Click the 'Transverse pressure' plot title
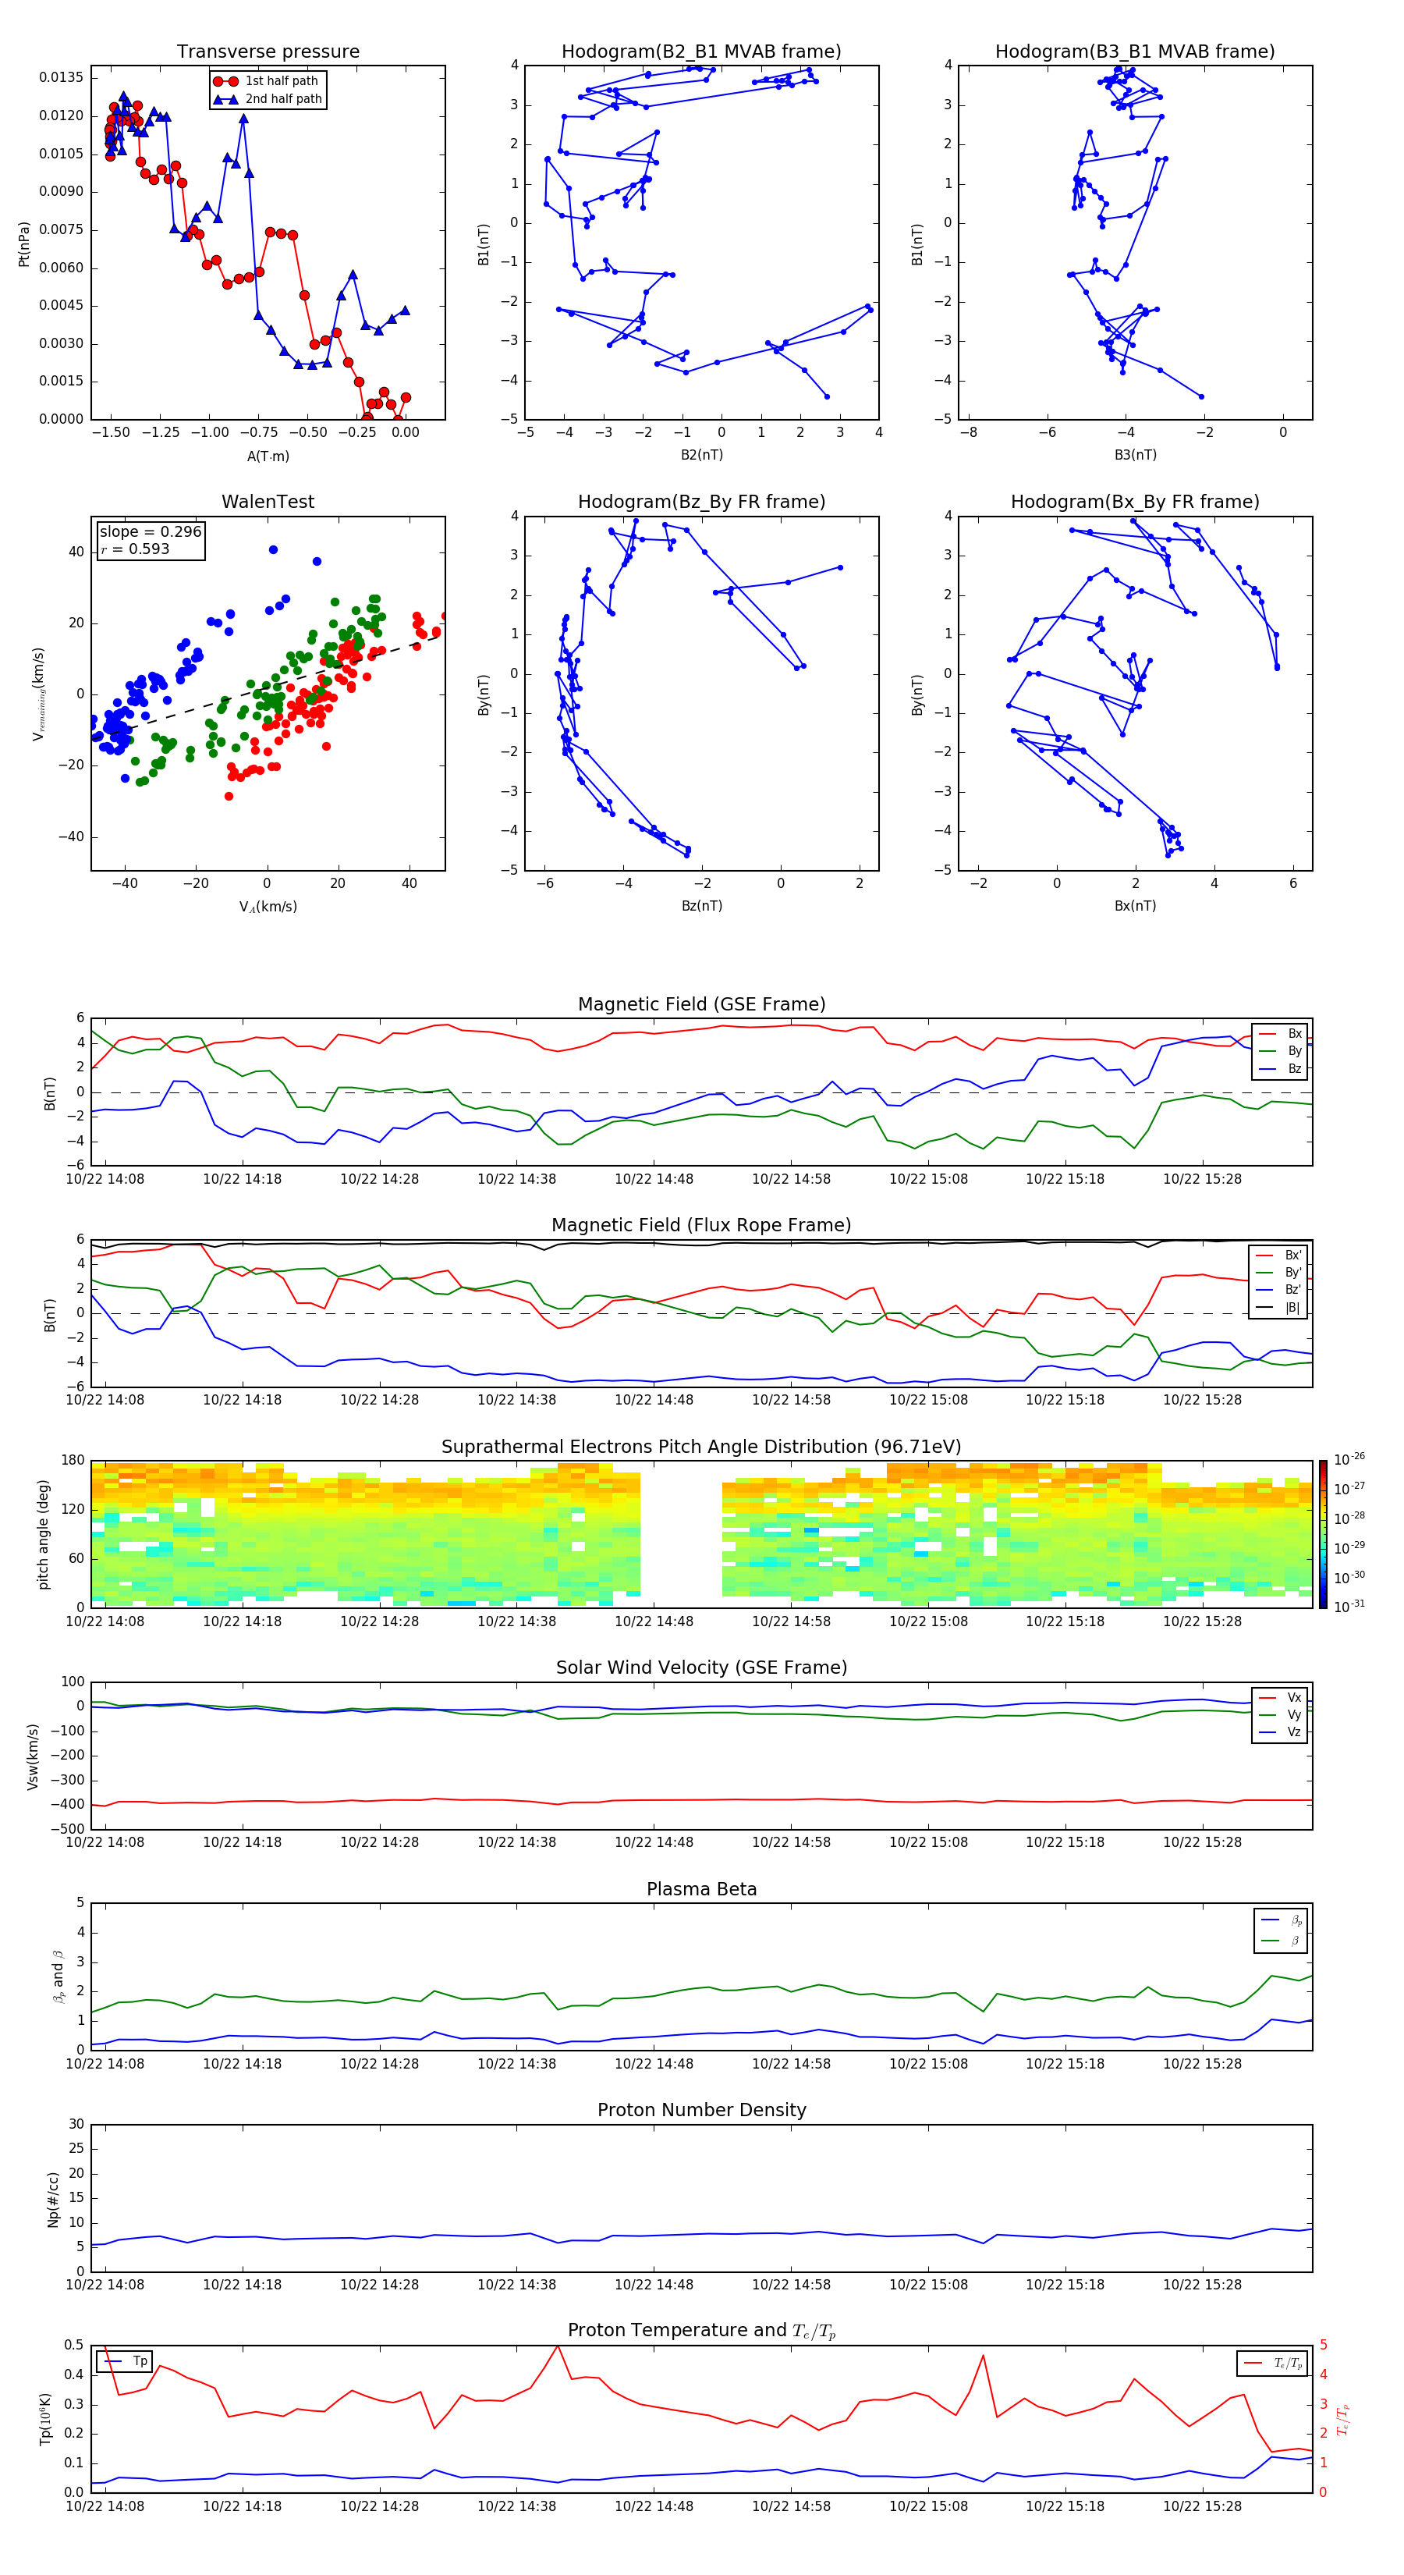click(268, 52)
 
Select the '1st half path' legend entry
click(281, 81)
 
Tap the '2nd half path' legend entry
click(283, 99)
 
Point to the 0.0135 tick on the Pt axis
click(61, 78)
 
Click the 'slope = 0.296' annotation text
click(150, 532)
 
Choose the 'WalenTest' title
click(268, 502)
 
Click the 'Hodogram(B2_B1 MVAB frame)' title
click(700, 52)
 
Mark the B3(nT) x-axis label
click(1135, 455)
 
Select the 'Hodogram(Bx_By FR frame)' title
click(1134, 502)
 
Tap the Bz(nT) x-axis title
click(701, 906)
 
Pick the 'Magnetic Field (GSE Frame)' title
click(701, 1004)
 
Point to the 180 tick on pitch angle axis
click(73, 1461)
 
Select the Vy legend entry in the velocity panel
click(1293, 1715)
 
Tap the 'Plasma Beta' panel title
click(701, 1889)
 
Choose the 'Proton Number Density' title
click(701, 2110)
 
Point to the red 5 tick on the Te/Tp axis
click(1323, 2345)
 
